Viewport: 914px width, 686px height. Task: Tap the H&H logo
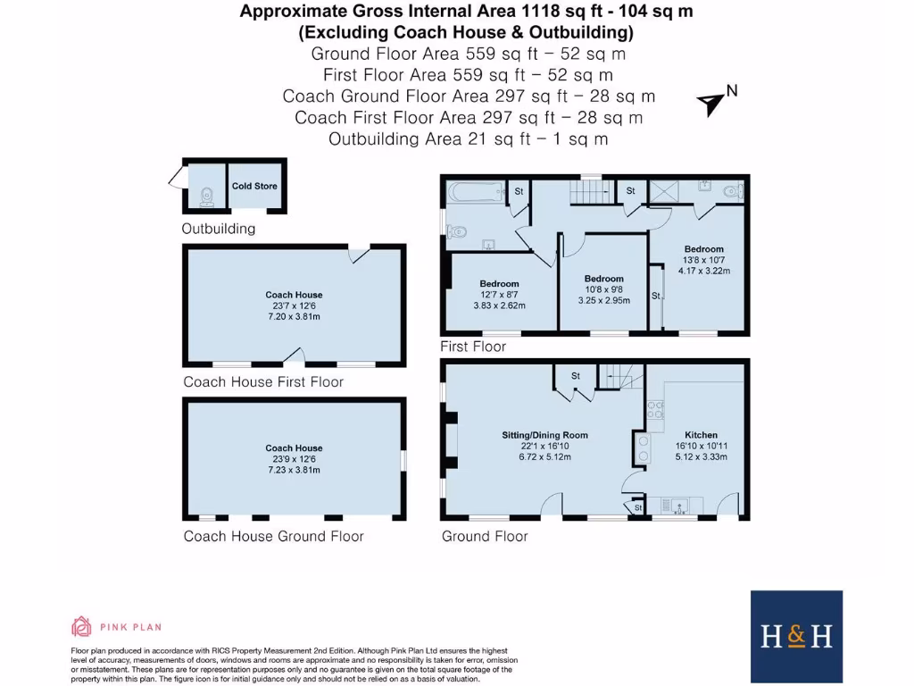[x=796, y=635]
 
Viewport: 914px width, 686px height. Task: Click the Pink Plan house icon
[x=81, y=626]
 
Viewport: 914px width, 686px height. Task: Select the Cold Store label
[x=254, y=187]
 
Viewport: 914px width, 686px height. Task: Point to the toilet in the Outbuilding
[x=207, y=194]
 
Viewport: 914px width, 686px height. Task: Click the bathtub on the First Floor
[x=473, y=192]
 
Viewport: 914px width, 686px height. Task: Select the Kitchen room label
[x=701, y=435]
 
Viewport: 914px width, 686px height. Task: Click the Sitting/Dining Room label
[x=544, y=435]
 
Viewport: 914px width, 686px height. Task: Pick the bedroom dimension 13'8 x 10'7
[x=703, y=260]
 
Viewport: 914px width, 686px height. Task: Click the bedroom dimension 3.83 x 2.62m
[x=499, y=305]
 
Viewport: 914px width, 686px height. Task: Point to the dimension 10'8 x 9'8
[x=604, y=289]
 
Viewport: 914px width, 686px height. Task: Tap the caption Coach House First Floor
[x=263, y=381]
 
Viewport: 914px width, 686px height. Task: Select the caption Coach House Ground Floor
[x=273, y=536]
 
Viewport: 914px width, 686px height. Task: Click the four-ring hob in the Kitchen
[x=655, y=409]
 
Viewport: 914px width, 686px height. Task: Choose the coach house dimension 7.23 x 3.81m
[x=294, y=470]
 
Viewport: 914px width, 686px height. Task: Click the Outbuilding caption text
[x=218, y=229]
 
